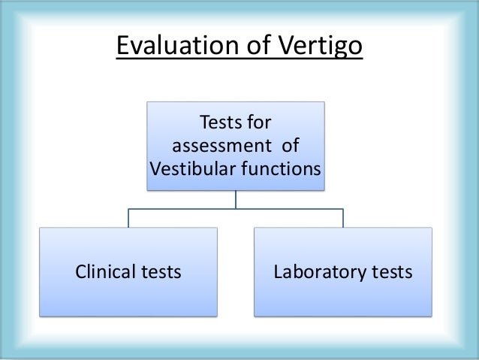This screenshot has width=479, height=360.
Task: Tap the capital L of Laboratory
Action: pos(278,271)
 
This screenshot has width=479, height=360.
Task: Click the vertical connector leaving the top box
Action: pos(236,200)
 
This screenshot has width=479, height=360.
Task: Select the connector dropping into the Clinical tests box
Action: pos(129,218)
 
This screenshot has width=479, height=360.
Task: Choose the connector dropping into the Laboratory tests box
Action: pos(342,218)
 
